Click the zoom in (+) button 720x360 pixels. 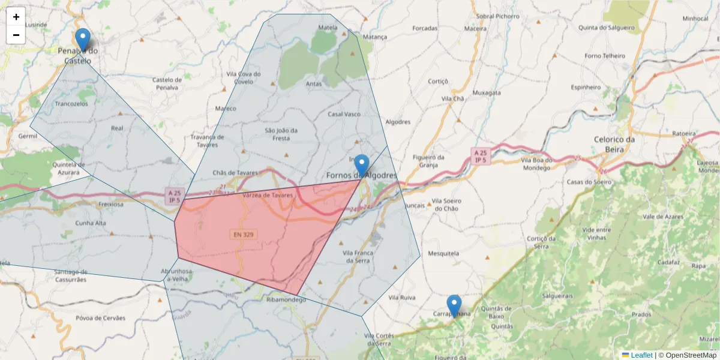coord(16,17)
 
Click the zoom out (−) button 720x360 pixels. coord(16,35)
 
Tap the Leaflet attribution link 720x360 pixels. coord(641,355)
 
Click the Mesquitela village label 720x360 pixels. coord(443,254)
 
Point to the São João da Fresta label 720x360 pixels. coord(281,134)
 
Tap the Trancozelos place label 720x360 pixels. coord(71,103)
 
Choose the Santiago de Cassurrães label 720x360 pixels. coord(62,276)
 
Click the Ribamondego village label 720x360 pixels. coord(286,299)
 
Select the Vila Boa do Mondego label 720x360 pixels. coord(536,164)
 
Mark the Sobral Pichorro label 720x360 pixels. coord(497,16)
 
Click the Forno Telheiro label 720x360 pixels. coord(604,56)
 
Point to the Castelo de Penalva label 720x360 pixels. coord(166,83)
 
